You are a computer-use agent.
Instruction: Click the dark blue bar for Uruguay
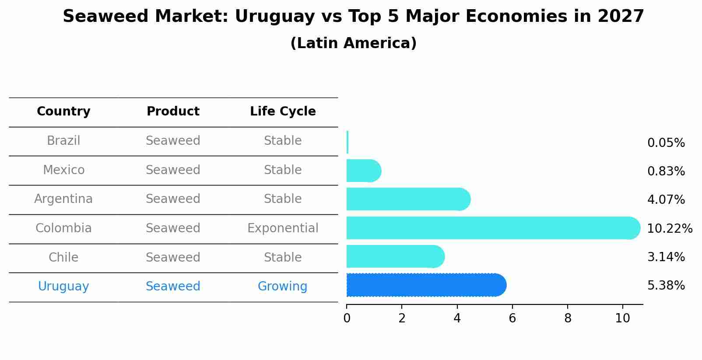425,285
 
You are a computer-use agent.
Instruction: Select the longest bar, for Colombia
492,228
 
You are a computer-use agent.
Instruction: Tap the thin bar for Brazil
347,142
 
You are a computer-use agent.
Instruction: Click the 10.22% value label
670,229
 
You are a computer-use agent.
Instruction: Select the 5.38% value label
666,286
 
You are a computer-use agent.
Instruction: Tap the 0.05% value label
666,143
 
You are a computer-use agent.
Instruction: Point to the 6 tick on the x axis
512,318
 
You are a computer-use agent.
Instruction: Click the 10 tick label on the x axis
622,318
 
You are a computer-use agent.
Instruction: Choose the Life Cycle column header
283,112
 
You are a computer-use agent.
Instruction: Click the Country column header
63,112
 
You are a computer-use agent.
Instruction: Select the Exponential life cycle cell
283,228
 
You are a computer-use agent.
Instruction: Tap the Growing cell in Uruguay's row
282,287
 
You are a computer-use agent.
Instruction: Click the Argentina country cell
63,199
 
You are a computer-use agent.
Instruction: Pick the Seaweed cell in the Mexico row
173,170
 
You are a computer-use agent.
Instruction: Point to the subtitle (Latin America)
353,43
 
